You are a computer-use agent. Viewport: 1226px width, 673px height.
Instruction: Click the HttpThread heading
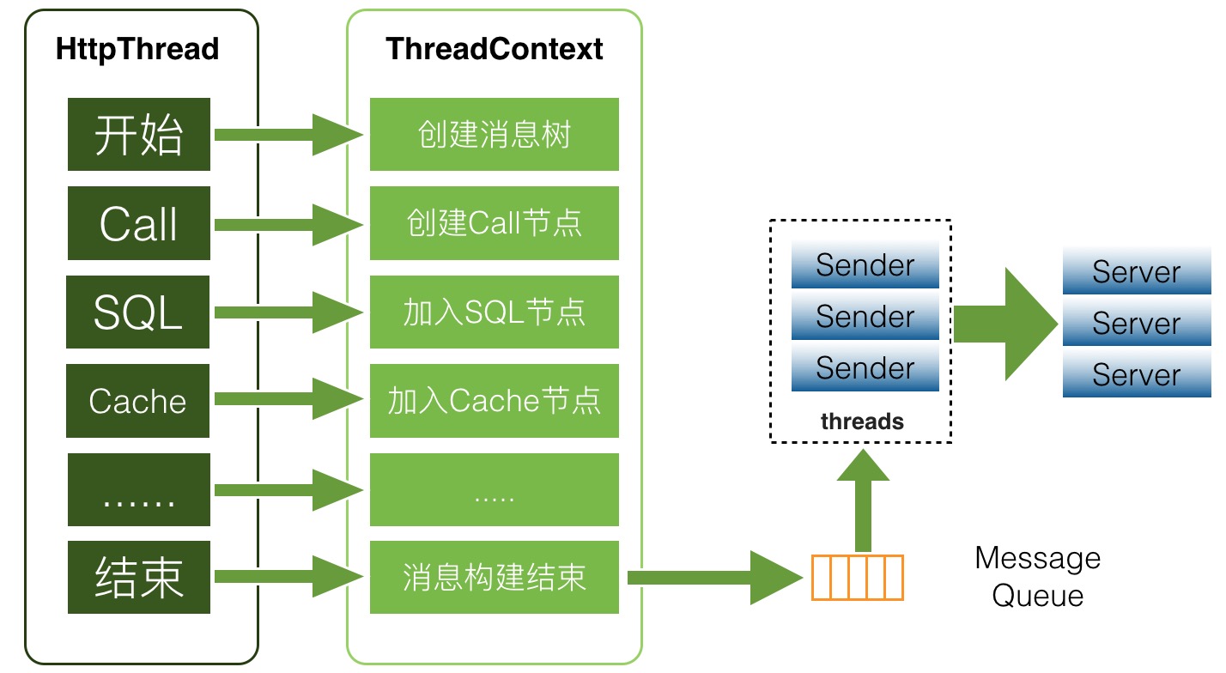coord(137,49)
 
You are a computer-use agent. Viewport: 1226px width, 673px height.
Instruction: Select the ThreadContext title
coord(494,49)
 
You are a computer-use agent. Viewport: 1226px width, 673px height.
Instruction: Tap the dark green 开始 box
coord(139,134)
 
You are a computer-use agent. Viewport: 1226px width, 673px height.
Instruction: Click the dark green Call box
coord(139,223)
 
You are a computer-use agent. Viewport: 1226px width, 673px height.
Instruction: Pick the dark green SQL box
coord(138,312)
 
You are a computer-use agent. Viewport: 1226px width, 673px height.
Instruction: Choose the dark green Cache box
coord(138,401)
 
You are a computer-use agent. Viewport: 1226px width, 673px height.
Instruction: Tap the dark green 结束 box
coord(139,577)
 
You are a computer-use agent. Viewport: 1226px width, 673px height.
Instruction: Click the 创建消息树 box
coord(494,134)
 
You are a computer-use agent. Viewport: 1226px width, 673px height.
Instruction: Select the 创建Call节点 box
coord(494,223)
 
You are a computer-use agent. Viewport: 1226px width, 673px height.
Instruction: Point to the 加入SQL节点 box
coord(494,312)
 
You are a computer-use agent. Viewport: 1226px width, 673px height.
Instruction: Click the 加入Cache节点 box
coord(494,401)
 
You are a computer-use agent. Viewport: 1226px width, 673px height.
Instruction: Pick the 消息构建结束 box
coord(494,577)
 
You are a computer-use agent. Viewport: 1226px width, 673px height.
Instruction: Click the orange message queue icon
coord(857,577)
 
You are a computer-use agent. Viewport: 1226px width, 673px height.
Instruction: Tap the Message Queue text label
coord(1037,577)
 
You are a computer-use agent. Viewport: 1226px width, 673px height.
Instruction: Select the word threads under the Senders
coord(862,421)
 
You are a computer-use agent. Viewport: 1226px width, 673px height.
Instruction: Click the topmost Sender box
coord(865,265)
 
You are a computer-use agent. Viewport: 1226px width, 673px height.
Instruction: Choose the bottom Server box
coord(1136,375)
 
